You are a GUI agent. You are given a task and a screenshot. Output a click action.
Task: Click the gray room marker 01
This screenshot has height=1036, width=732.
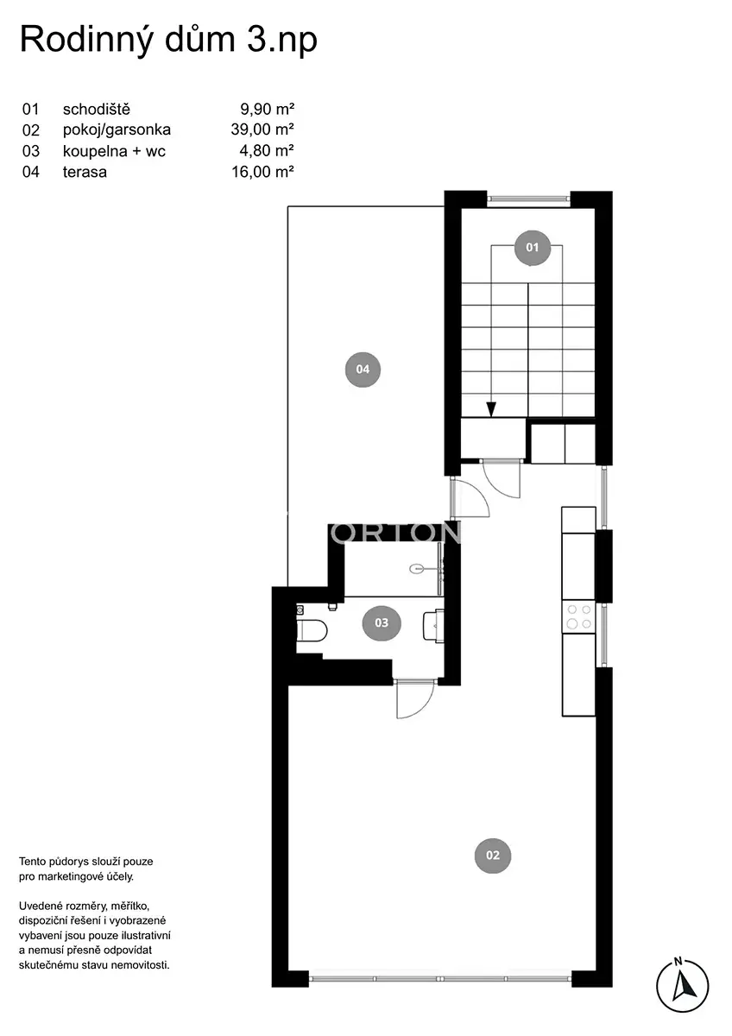pos(532,248)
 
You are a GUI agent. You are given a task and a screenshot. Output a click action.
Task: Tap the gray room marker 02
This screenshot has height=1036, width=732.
pos(493,856)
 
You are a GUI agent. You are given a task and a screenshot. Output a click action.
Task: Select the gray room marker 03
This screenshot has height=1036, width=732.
pos(381,622)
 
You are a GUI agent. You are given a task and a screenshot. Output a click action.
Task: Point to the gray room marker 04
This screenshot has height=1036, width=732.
pos(363,369)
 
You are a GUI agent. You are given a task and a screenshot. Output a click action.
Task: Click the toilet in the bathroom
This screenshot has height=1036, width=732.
pos(312,630)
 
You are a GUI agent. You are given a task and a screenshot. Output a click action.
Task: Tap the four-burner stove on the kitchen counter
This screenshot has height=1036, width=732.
pos(578,617)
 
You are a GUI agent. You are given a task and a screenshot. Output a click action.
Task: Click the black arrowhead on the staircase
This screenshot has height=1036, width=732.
pos(491,409)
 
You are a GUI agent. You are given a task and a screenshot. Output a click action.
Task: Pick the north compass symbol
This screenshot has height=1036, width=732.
pos(683,984)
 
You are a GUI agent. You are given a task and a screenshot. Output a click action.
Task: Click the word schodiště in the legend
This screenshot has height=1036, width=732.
pos(96,110)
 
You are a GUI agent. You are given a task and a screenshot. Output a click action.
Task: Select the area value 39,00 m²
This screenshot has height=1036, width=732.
pos(262,129)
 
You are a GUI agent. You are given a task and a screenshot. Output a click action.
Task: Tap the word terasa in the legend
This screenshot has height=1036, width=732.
pos(85,172)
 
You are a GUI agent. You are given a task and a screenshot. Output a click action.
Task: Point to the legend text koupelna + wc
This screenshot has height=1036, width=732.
pos(114,151)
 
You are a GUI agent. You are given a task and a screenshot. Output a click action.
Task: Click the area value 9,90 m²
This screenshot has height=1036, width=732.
pos(267,109)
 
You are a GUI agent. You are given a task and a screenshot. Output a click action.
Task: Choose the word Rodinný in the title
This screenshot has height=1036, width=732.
pos(86,41)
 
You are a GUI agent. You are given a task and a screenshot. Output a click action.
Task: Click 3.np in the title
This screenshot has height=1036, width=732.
pos(282,41)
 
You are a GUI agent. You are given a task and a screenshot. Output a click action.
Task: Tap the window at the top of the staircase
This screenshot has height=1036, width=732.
pos(528,199)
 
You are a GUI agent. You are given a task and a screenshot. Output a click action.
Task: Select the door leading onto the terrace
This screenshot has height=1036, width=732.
pos(469,498)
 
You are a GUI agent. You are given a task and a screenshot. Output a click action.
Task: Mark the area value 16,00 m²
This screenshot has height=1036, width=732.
pos(262,172)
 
